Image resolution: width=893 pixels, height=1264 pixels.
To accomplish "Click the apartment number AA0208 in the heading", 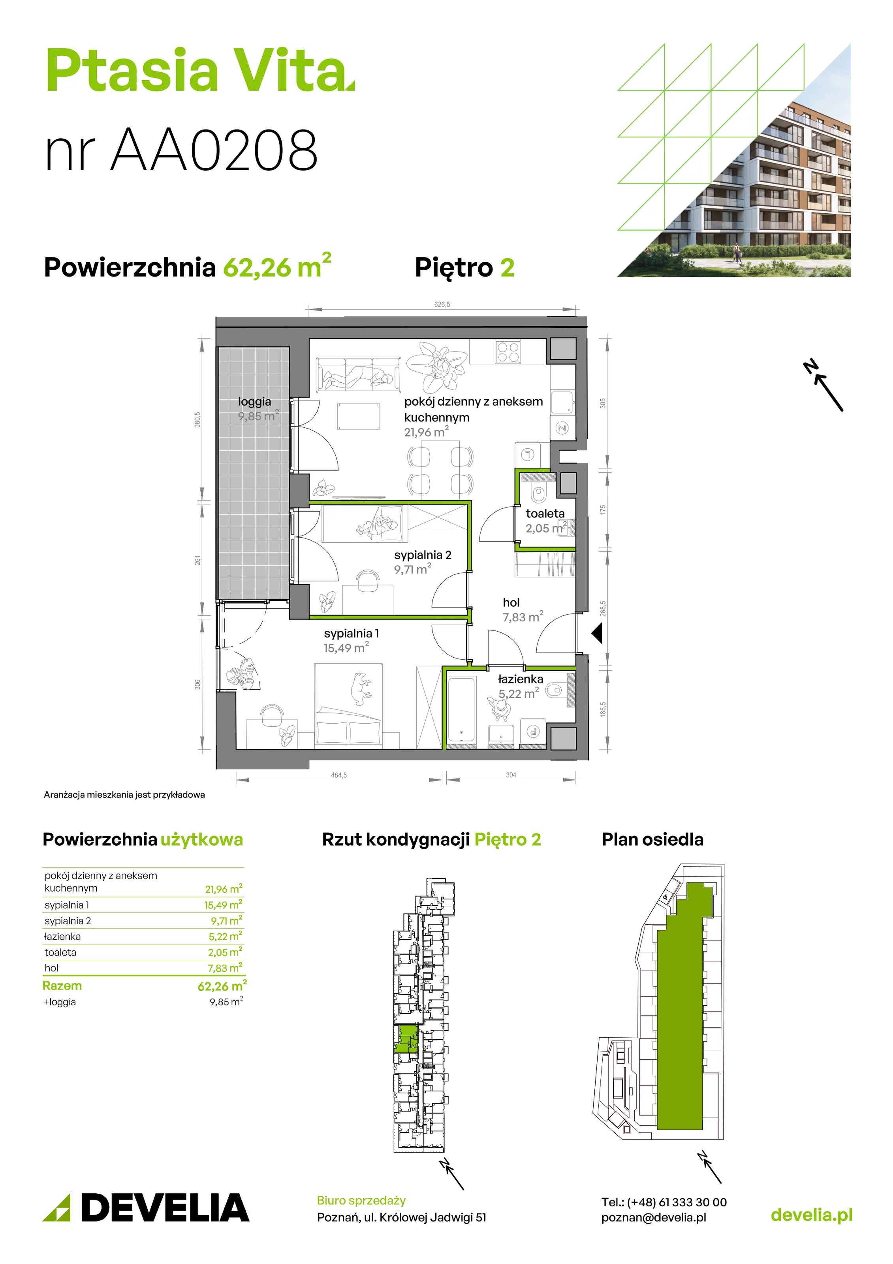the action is tap(215, 149).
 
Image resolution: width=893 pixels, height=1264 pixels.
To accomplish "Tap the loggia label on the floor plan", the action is tap(254, 402).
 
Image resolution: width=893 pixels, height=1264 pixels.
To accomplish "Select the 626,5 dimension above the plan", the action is tap(442, 305).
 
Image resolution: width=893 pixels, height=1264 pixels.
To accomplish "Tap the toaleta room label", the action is tap(545, 513).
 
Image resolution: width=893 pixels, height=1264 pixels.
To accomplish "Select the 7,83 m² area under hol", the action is tap(523, 617).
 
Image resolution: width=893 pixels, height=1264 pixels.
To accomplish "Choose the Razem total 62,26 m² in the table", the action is tap(222, 986).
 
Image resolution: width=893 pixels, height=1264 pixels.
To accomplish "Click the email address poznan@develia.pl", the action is tap(654, 1217).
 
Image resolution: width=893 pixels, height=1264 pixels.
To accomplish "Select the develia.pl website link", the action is tap(812, 1215).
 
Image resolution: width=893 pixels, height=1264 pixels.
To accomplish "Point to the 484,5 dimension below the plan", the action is tap(338, 775).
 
